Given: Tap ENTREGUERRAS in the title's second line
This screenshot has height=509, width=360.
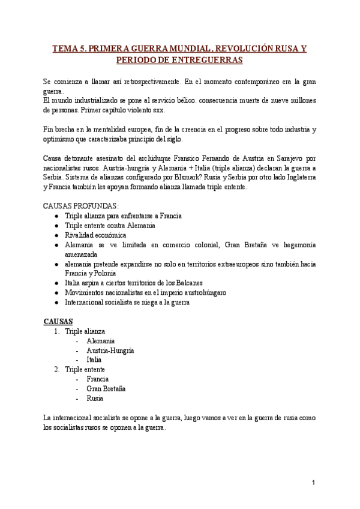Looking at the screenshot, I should [200, 61].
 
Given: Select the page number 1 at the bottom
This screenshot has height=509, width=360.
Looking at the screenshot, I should [313, 482].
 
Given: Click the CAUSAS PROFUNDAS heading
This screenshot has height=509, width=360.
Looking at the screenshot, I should [81, 205].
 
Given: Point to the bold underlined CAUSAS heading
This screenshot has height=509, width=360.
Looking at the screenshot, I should [58, 322].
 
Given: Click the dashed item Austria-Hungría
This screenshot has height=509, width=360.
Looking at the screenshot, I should [110, 350].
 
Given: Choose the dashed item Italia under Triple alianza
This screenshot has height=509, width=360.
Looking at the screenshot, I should [94, 360].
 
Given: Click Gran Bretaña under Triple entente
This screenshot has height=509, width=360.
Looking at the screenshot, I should [106, 388].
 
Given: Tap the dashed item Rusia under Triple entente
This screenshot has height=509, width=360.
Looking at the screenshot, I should [95, 398].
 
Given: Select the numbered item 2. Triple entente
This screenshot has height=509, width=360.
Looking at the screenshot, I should [79, 369].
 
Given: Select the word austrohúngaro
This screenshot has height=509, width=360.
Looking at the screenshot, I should [203, 292].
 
